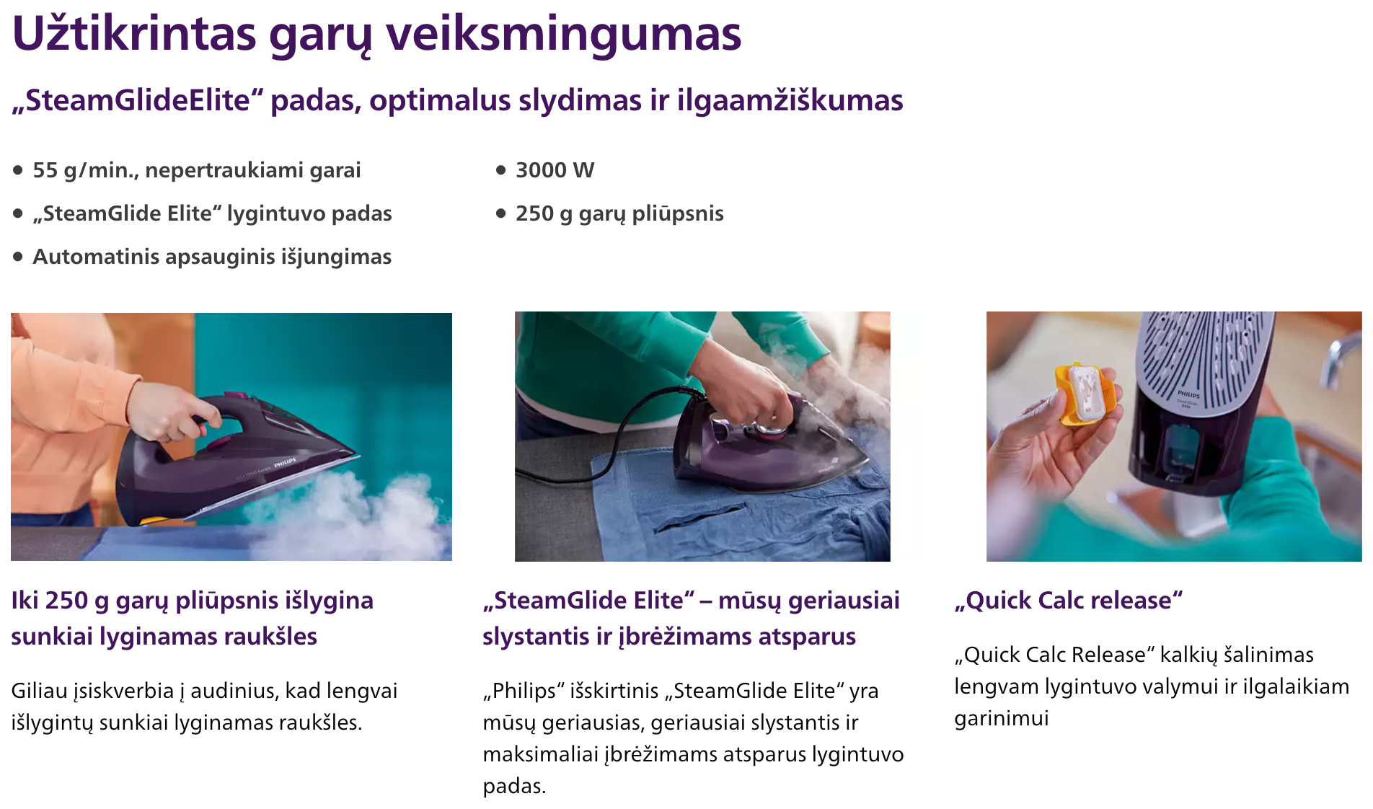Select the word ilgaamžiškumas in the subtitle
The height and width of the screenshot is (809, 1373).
(x=790, y=100)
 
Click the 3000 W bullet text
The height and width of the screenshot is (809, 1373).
(x=555, y=170)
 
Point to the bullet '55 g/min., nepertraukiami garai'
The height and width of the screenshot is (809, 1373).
(x=196, y=170)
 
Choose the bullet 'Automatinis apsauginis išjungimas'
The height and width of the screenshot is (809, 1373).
(x=212, y=257)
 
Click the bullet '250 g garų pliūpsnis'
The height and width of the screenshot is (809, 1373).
(x=619, y=213)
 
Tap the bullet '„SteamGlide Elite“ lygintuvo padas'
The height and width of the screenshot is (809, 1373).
(x=212, y=213)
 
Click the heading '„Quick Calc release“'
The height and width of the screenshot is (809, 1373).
(x=1069, y=600)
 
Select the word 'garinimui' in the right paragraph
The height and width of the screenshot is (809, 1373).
(x=1001, y=718)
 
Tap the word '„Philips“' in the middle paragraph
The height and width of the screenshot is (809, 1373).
(x=524, y=691)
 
